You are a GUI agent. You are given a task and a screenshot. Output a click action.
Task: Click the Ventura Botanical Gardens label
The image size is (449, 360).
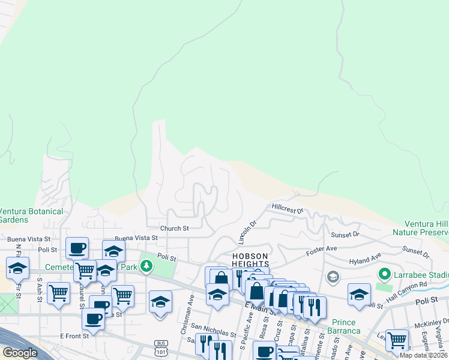(31, 215)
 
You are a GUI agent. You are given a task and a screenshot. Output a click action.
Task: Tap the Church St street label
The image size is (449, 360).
(174, 229)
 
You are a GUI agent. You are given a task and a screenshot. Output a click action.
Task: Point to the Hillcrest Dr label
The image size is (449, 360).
(288, 211)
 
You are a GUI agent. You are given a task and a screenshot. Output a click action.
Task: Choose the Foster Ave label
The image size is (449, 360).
(322, 248)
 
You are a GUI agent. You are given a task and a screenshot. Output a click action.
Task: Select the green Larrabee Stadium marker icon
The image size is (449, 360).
(384, 275)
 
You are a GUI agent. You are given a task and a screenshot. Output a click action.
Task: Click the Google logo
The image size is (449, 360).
(20, 353)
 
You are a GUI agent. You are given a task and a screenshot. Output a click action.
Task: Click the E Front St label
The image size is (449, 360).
(74, 336)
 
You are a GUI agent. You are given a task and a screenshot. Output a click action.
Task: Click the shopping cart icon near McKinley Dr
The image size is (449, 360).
(397, 340)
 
